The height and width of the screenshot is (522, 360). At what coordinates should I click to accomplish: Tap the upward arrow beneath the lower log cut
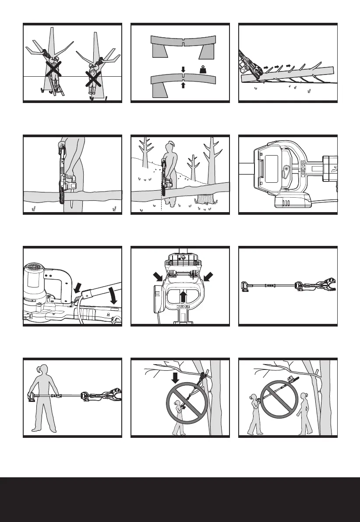pos(184,85)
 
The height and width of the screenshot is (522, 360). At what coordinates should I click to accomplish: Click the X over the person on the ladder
pos(54,69)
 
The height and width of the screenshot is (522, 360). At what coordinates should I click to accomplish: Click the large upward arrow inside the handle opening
pos(184,298)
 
